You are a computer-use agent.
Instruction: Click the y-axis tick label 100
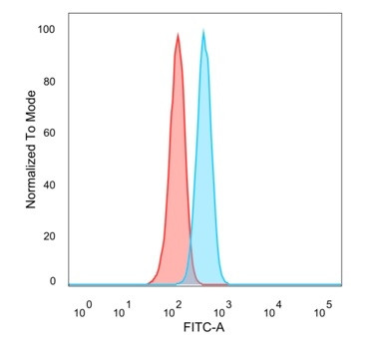[47, 30]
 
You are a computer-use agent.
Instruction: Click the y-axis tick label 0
[53, 281]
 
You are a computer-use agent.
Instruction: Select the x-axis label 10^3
[221, 312]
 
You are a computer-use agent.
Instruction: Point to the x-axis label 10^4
[271, 310]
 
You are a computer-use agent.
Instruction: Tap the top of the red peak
[178, 35]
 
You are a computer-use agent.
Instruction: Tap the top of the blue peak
[203, 32]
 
